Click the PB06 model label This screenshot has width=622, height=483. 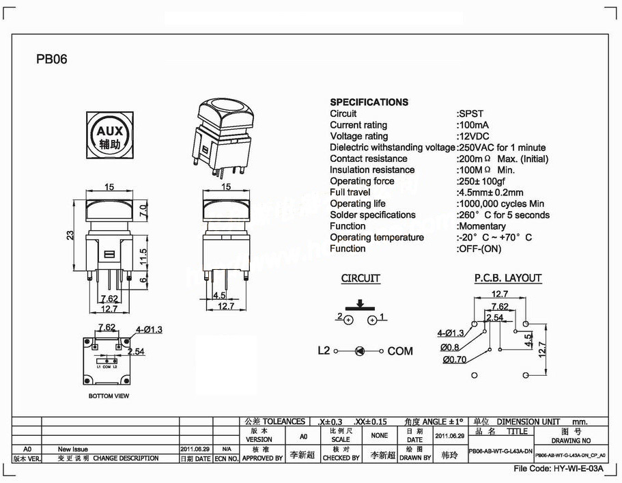click(x=52, y=59)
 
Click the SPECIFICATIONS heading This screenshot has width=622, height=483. click(x=369, y=102)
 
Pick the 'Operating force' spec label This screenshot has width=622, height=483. click(x=362, y=181)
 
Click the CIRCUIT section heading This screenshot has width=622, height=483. click(x=361, y=278)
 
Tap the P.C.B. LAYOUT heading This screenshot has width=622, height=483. click(x=507, y=278)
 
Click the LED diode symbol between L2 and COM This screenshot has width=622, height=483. click(x=359, y=350)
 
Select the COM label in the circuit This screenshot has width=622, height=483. click(x=400, y=351)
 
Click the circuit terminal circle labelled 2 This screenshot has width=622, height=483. click(x=348, y=320)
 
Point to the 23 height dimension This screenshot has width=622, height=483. click(x=70, y=235)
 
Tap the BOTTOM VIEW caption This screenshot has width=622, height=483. click(x=109, y=396)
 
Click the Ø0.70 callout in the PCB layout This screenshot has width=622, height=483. click(x=455, y=359)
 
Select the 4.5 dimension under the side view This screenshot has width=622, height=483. click(x=219, y=296)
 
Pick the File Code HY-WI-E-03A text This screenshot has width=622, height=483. click(x=559, y=469)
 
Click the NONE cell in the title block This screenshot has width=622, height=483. click(x=380, y=435)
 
